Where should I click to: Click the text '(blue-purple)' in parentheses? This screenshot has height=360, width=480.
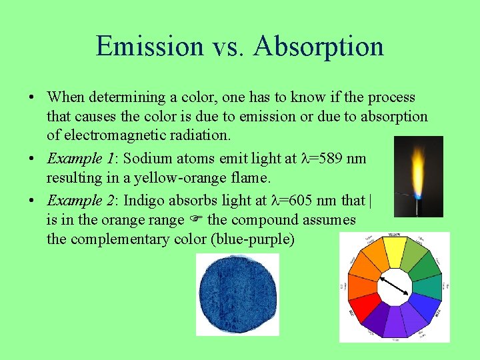252,239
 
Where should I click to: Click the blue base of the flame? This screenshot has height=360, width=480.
418,196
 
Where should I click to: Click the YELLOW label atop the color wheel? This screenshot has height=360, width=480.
395,235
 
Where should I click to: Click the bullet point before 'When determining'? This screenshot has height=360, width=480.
31,98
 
